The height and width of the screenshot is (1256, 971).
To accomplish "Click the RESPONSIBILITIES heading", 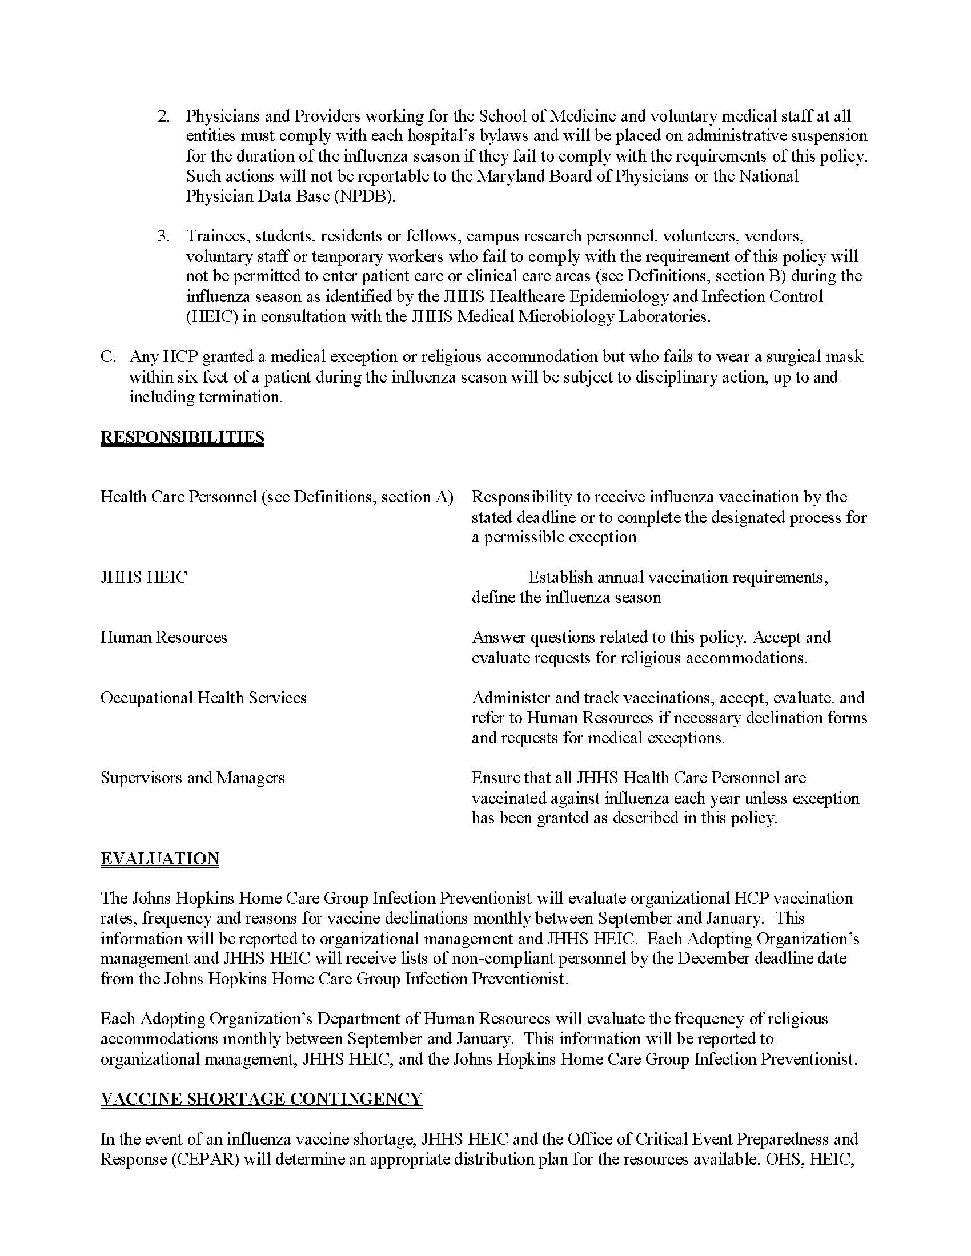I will click(x=182, y=437).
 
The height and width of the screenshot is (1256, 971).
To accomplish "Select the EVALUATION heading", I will click(x=159, y=858).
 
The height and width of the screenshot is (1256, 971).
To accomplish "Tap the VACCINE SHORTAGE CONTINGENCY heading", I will click(x=261, y=1098).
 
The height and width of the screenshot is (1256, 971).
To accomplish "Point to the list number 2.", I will click(x=163, y=116).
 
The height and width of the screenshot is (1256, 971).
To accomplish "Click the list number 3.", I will click(x=163, y=236).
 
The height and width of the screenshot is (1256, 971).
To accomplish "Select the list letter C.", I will click(x=108, y=357).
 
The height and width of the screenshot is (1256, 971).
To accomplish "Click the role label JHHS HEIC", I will click(x=144, y=577).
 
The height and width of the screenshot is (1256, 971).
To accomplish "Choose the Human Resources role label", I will click(x=163, y=637).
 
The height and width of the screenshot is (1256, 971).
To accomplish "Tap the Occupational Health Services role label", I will click(x=203, y=698).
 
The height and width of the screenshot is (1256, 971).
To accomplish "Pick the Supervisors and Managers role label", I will click(x=192, y=778).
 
